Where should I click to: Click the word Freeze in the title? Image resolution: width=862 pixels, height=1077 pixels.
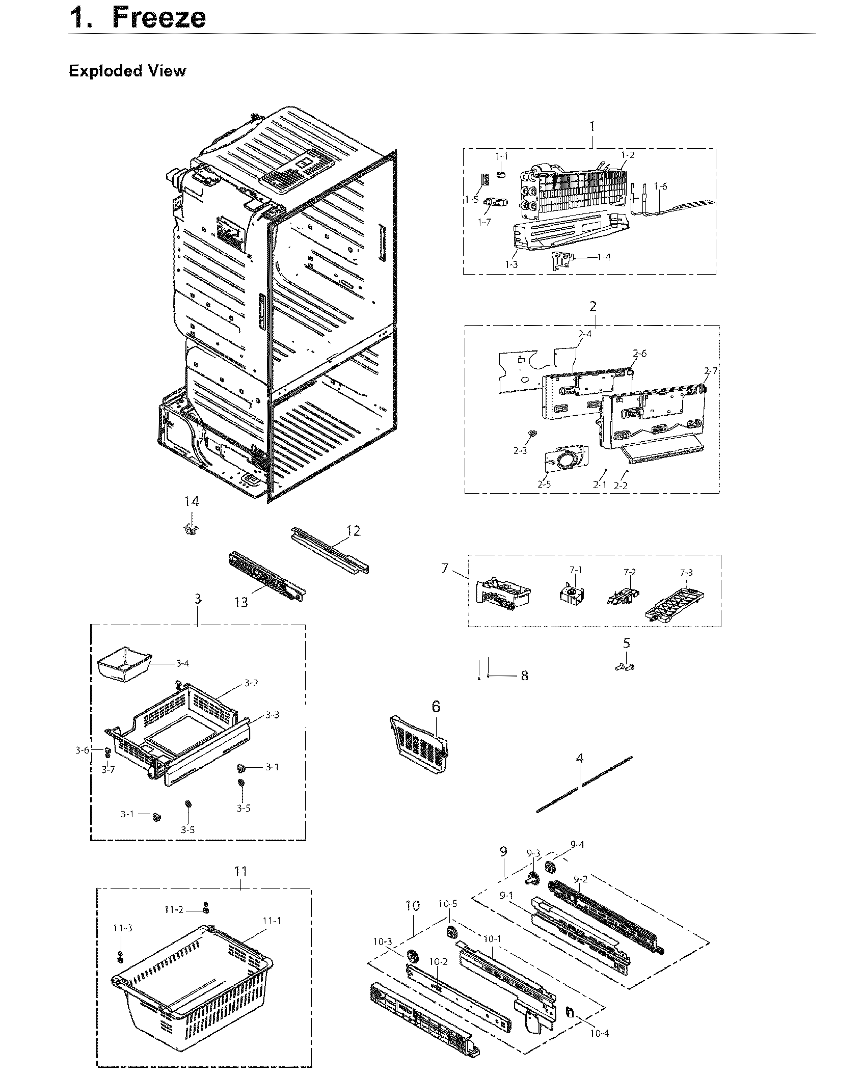pyautogui.click(x=159, y=17)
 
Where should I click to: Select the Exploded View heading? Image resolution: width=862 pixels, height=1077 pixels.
pyautogui.click(x=127, y=71)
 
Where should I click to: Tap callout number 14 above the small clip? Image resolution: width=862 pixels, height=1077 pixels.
pyautogui.click(x=192, y=502)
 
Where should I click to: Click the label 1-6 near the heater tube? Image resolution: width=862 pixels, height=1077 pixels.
pyautogui.click(x=660, y=186)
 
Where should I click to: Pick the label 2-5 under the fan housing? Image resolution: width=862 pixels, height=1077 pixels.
pyautogui.click(x=544, y=484)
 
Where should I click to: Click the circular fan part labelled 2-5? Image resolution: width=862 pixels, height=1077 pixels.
pyautogui.click(x=565, y=461)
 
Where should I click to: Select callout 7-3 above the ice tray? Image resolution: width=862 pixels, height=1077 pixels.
pyautogui.click(x=686, y=573)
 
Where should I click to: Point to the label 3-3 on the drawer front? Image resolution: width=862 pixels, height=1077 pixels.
pyautogui.click(x=272, y=715)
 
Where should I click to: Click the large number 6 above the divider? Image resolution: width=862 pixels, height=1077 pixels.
pyautogui.click(x=436, y=707)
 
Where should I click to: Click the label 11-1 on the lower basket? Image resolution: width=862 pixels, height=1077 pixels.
pyautogui.click(x=272, y=921)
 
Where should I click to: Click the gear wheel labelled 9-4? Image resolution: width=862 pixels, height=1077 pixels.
pyautogui.click(x=550, y=867)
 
